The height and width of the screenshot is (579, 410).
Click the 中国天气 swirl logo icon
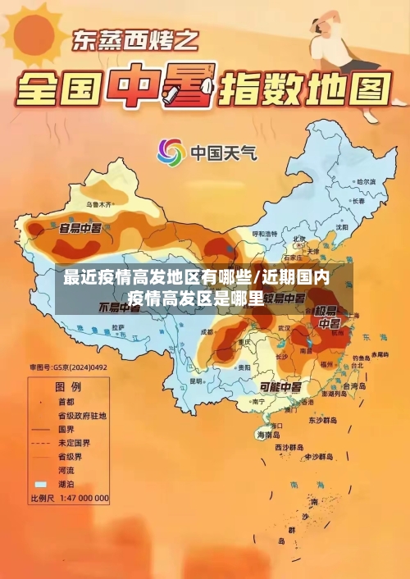click(171, 152)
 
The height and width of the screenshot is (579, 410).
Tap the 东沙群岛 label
click(322, 419)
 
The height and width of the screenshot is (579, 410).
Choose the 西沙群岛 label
click(291, 448)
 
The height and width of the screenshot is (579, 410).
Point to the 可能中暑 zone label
click(280, 387)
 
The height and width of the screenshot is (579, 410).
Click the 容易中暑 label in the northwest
click(80, 227)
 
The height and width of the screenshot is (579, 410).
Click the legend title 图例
click(67, 385)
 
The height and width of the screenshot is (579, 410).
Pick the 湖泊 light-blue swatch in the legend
click(40, 486)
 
